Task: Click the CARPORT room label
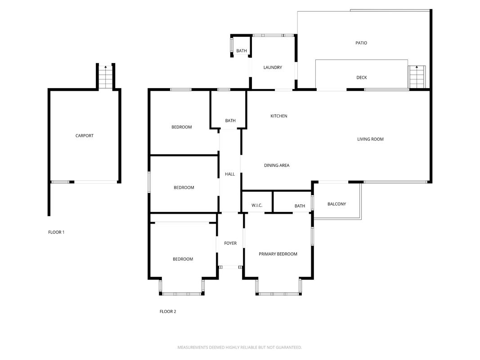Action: (85, 135)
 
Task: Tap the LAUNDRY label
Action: (273, 67)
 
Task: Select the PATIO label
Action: (361, 43)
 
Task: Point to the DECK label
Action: (362, 77)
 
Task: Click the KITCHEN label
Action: (279, 116)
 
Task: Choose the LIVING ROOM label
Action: (370, 139)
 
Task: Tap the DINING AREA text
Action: (277, 165)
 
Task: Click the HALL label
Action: (230, 174)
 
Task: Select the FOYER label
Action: (230, 243)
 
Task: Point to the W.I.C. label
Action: (257, 205)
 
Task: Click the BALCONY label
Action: (337, 204)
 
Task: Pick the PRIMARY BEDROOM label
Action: (278, 254)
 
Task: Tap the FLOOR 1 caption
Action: (56, 232)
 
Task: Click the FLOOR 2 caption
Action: (168, 311)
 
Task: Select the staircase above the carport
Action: (106, 77)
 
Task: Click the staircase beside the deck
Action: (417, 77)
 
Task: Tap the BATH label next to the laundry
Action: (242, 51)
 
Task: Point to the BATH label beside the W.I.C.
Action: (300, 206)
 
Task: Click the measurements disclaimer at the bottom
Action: (240, 347)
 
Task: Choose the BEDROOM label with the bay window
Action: (183, 259)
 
